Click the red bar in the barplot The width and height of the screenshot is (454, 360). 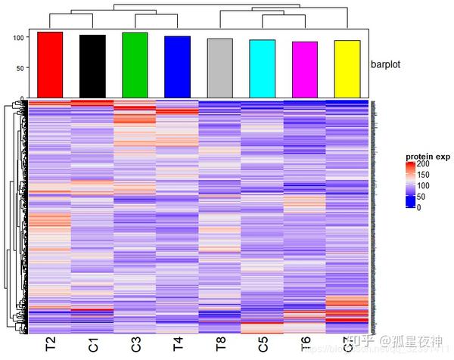[50, 64]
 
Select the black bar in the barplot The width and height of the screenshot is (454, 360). [92, 66]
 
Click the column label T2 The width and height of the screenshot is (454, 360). [51, 346]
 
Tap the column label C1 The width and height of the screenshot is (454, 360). [93, 346]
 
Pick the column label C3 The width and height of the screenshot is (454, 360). [135, 346]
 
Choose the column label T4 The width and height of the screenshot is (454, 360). [178, 346]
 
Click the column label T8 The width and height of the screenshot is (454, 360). [220, 346]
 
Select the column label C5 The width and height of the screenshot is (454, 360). [263, 346]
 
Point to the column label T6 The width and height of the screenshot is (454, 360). [305, 346]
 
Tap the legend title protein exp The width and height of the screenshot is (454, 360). [428, 157]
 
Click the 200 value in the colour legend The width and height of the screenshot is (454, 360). [424, 164]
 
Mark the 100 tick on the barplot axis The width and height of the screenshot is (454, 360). [20, 36]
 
